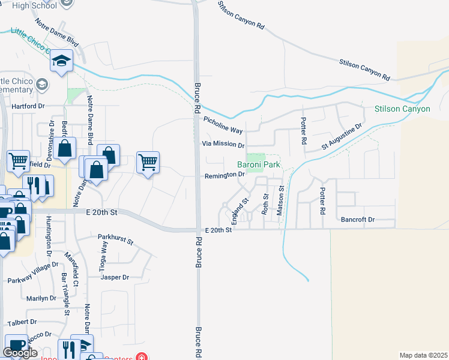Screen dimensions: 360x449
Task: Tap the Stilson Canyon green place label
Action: (402, 109)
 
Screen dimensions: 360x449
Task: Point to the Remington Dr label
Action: (224, 175)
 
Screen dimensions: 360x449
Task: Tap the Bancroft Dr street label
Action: (357, 220)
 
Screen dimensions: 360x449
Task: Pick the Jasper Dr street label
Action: (115, 277)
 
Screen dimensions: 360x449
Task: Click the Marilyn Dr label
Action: (41, 298)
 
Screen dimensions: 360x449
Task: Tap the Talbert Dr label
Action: (23, 322)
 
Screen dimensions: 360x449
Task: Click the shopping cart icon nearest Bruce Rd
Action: (148, 161)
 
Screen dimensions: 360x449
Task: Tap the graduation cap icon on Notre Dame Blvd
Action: (62, 61)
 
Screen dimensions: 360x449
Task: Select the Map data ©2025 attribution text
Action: (424, 355)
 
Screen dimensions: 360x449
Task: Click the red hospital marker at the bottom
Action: (141, 357)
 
